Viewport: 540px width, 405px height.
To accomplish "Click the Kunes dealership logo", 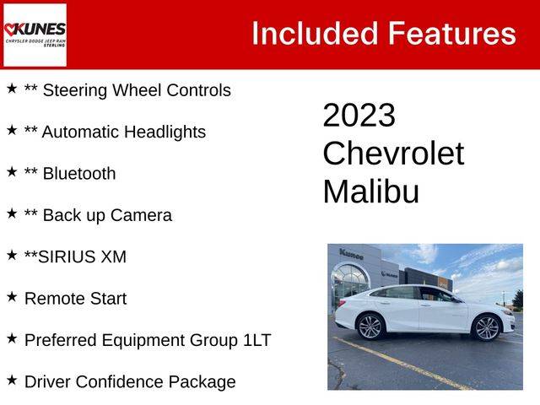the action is [x=35, y=35].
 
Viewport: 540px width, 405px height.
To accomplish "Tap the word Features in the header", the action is [x=452, y=34].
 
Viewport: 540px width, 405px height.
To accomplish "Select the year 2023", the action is [x=359, y=115].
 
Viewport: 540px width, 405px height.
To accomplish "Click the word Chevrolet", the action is [x=393, y=154].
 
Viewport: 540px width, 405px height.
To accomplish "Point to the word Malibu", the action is [x=371, y=192].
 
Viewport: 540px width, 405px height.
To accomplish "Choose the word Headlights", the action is [x=165, y=132].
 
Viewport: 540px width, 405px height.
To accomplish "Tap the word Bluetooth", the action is [x=79, y=173].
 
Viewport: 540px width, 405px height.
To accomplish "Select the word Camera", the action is [x=141, y=215].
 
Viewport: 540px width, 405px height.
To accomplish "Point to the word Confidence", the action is [x=119, y=382].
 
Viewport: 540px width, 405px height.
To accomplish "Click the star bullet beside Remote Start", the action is [x=12, y=296].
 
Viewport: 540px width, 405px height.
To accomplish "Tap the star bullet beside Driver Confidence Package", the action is [x=12, y=380].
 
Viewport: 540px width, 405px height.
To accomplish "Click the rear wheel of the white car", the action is [x=370, y=327].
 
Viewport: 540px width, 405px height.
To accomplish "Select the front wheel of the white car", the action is [x=486, y=328].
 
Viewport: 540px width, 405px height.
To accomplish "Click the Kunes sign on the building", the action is [x=351, y=255].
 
